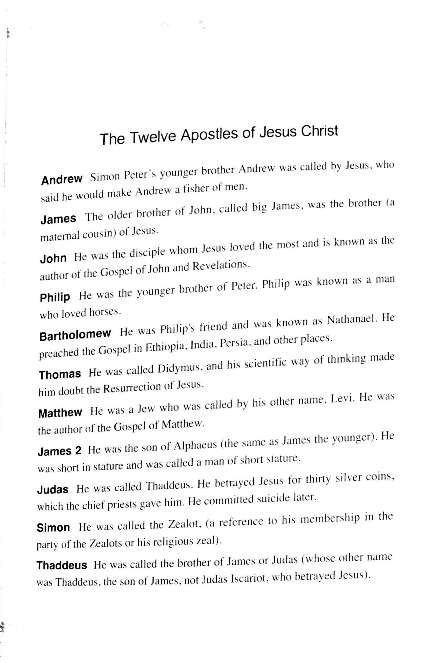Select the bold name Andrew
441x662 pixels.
(62, 180)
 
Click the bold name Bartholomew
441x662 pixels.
(75, 335)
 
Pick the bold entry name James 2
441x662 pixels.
(59, 451)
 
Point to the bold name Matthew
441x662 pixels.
(60, 412)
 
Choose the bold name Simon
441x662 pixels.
(53, 528)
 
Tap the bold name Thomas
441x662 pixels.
(60, 374)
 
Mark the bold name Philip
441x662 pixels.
(55, 298)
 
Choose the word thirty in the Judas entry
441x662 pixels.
(318, 480)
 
